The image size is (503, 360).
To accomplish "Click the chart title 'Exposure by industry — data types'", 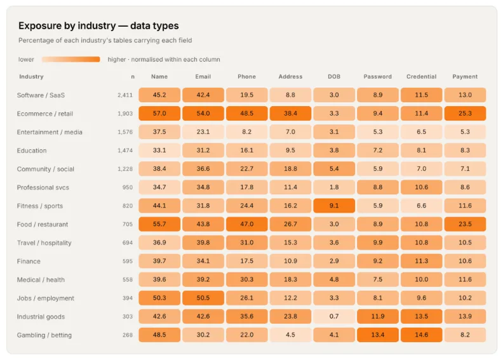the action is [98, 25].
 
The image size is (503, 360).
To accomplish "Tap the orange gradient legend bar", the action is [71, 59].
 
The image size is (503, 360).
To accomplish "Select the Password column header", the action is [378, 77].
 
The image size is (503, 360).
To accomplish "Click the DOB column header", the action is [334, 77].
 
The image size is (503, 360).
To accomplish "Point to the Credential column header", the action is [421, 77].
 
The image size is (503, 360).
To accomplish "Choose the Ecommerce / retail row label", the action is [45, 114].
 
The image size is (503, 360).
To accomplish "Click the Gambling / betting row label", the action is [44, 335].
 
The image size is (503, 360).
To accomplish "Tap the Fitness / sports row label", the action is [40, 206].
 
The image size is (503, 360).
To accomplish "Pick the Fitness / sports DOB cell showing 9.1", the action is [334, 206].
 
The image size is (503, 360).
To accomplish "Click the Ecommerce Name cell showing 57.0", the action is [159, 114].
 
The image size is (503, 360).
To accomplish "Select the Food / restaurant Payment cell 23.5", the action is [465, 224].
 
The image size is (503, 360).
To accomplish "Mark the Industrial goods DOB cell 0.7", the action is [334, 316].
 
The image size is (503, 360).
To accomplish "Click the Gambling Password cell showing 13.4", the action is [378, 335].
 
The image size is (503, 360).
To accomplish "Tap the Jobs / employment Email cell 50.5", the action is [203, 298].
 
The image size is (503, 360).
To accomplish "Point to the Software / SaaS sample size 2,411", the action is [125, 95].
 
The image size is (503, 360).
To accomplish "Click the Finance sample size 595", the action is [128, 261].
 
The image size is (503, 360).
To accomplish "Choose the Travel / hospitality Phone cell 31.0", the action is [246, 243].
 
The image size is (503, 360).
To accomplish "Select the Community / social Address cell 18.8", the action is [290, 169].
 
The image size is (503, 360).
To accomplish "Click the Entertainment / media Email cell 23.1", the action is [203, 132].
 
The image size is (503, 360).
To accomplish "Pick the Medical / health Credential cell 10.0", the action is [421, 279].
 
